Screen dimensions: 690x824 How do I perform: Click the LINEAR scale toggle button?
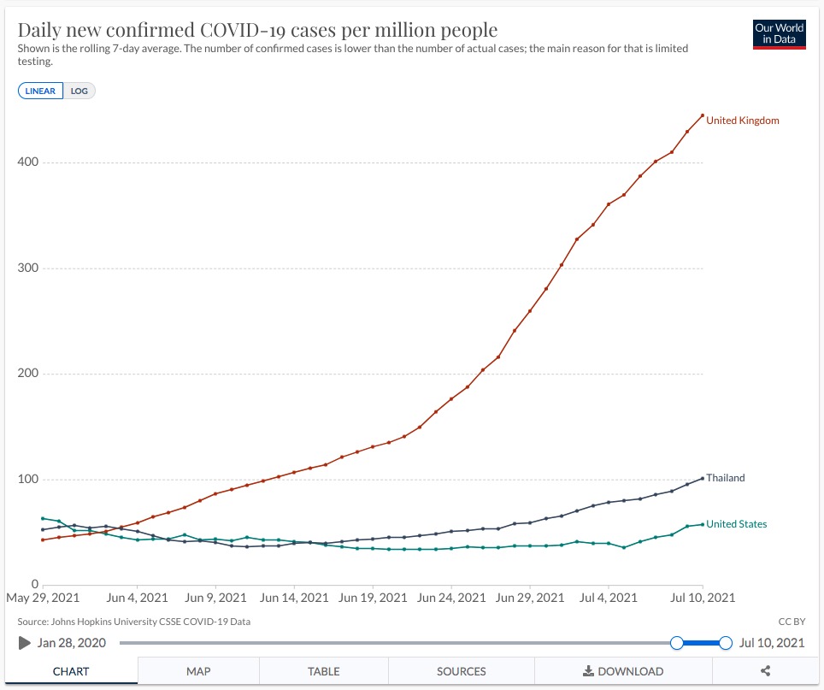[40, 91]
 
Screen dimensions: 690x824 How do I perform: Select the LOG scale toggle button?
[79, 91]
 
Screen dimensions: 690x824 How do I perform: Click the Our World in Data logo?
[780, 34]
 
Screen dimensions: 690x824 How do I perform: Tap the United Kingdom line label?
[742, 121]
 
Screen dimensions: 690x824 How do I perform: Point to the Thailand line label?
[725, 478]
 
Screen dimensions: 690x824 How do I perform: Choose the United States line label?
[736, 524]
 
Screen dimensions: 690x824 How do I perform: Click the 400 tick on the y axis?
[27, 162]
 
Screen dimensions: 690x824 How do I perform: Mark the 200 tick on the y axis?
[27, 374]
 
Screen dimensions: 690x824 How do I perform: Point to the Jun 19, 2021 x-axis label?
[372, 598]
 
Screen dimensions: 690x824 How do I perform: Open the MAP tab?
[198, 671]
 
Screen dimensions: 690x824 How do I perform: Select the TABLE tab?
[324, 671]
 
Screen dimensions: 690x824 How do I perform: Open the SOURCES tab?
[462, 671]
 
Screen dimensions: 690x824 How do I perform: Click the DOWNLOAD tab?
[623, 671]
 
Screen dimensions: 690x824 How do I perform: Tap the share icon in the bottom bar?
[765, 671]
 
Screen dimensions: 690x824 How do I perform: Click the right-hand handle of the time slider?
[726, 642]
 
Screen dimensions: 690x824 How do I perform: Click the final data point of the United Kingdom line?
[702, 115]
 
